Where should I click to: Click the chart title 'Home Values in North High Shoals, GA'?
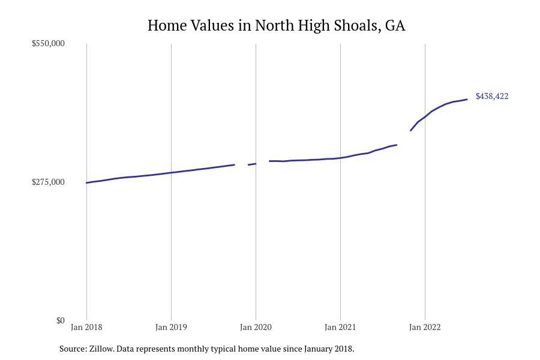click(x=276, y=26)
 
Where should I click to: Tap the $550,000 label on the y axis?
click(x=48, y=44)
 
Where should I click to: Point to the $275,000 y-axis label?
click(x=48, y=182)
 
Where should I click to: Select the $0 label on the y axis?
click(x=60, y=321)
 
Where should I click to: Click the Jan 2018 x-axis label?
click(x=86, y=328)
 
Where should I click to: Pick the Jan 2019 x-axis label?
click(x=171, y=328)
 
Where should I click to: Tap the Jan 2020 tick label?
click(x=256, y=328)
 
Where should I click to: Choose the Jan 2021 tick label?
click(x=340, y=328)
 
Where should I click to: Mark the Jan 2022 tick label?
click(x=425, y=328)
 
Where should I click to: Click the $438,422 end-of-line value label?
click(x=492, y=97)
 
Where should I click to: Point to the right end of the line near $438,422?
click(x=467, y=100)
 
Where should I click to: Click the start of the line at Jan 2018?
click(x=87, y=182)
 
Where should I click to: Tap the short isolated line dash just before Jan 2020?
click(x=252, y=164)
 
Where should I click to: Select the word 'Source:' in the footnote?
click(x=73, y=349)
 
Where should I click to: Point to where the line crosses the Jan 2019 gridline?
click(x=171, y=173)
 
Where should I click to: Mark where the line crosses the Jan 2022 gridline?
click(x=425, y=116)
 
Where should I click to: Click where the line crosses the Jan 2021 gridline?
click(x=340, y=158)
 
